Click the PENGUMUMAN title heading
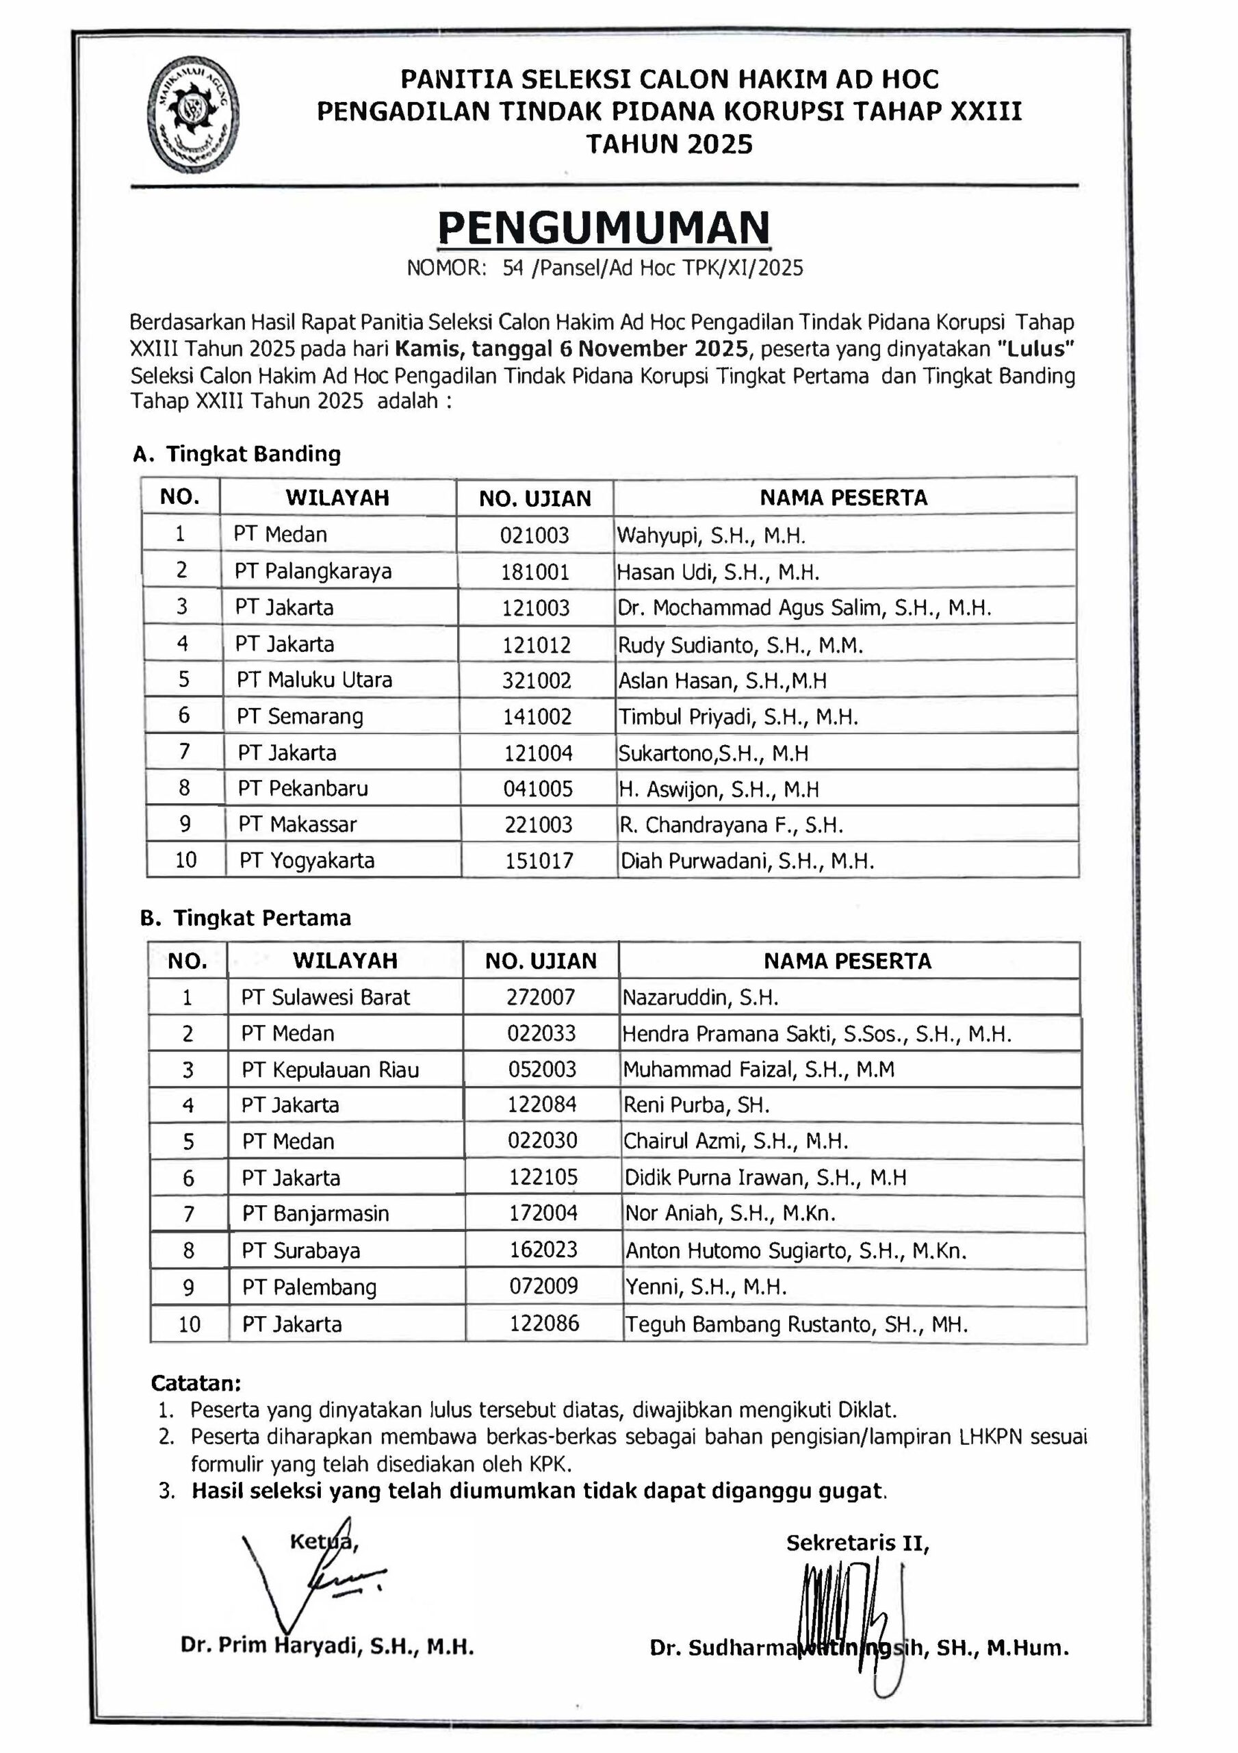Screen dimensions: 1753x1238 click(604, 227)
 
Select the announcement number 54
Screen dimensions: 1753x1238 click(512, 268)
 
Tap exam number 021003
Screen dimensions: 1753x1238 click(534, 535)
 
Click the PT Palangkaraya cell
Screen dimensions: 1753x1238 click(313, 571)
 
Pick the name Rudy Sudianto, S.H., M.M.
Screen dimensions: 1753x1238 click(740, 645)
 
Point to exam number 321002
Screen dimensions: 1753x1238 click(537, 680)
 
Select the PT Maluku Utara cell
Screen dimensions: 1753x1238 click(314, 679)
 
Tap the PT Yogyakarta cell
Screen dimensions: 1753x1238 click(307, 861)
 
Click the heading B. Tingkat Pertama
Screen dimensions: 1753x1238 click(246, 918)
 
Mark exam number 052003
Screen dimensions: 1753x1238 click(542, 1069)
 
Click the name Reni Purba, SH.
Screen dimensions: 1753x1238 click(696, 1105)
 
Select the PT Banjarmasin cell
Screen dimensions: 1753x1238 click(315, 1213)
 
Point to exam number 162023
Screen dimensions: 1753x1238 click(543, 1249)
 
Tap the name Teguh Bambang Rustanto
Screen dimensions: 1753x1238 click(796, 1324)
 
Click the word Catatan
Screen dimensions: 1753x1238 click(196, 1383)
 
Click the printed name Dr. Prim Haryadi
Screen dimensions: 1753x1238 click(327, 1645)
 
